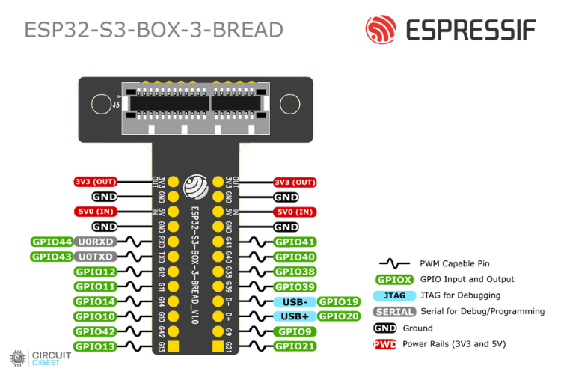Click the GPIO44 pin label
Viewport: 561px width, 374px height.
[x=52, y=242]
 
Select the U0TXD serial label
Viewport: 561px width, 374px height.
[x=93, y=257]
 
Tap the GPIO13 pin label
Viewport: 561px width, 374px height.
[x=95, y=346]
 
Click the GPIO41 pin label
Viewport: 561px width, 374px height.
[x=295, y=242]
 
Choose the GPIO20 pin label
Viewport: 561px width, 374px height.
[x=337, y=316]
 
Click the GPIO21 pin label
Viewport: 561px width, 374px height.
[x=295, y=346]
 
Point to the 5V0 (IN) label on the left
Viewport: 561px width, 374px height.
[x=95, y=212]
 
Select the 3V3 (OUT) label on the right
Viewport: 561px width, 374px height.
[x=295, y=182]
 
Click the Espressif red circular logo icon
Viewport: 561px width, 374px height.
[x=380, y=30]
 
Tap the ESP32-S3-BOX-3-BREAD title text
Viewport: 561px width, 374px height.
[x=153, y=30]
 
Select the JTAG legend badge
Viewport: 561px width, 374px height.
[x=394, y=295]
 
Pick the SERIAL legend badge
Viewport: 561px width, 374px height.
[x=394, y=312]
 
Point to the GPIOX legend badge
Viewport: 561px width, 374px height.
[x=394, y=279]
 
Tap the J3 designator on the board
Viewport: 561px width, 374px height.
[x=116, y=105]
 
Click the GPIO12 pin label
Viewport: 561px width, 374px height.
[x=95, y=272]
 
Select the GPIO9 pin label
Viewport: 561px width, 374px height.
[x=295, y=331]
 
